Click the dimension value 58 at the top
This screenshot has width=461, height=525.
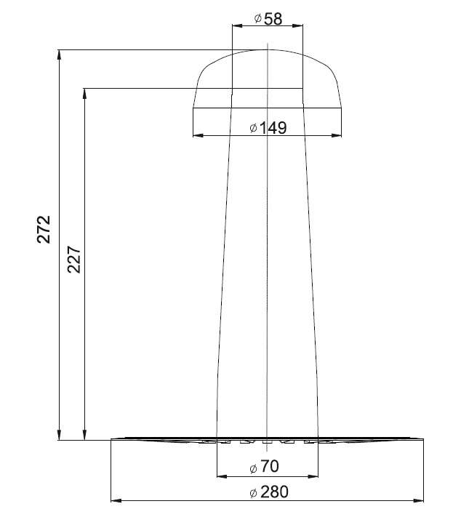[273, 19]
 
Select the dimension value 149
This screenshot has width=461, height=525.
[273, 128]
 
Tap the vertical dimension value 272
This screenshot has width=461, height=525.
[44, 229]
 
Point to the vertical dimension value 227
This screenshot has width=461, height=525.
[74, 260]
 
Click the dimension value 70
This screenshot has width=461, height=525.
[269, 466]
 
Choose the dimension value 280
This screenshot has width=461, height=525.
[274, 492]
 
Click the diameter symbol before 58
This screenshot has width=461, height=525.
[258, 18]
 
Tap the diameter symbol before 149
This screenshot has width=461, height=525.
[254, 127]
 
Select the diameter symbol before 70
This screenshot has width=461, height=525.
[254, 468]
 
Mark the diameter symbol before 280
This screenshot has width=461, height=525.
[254, 493]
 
